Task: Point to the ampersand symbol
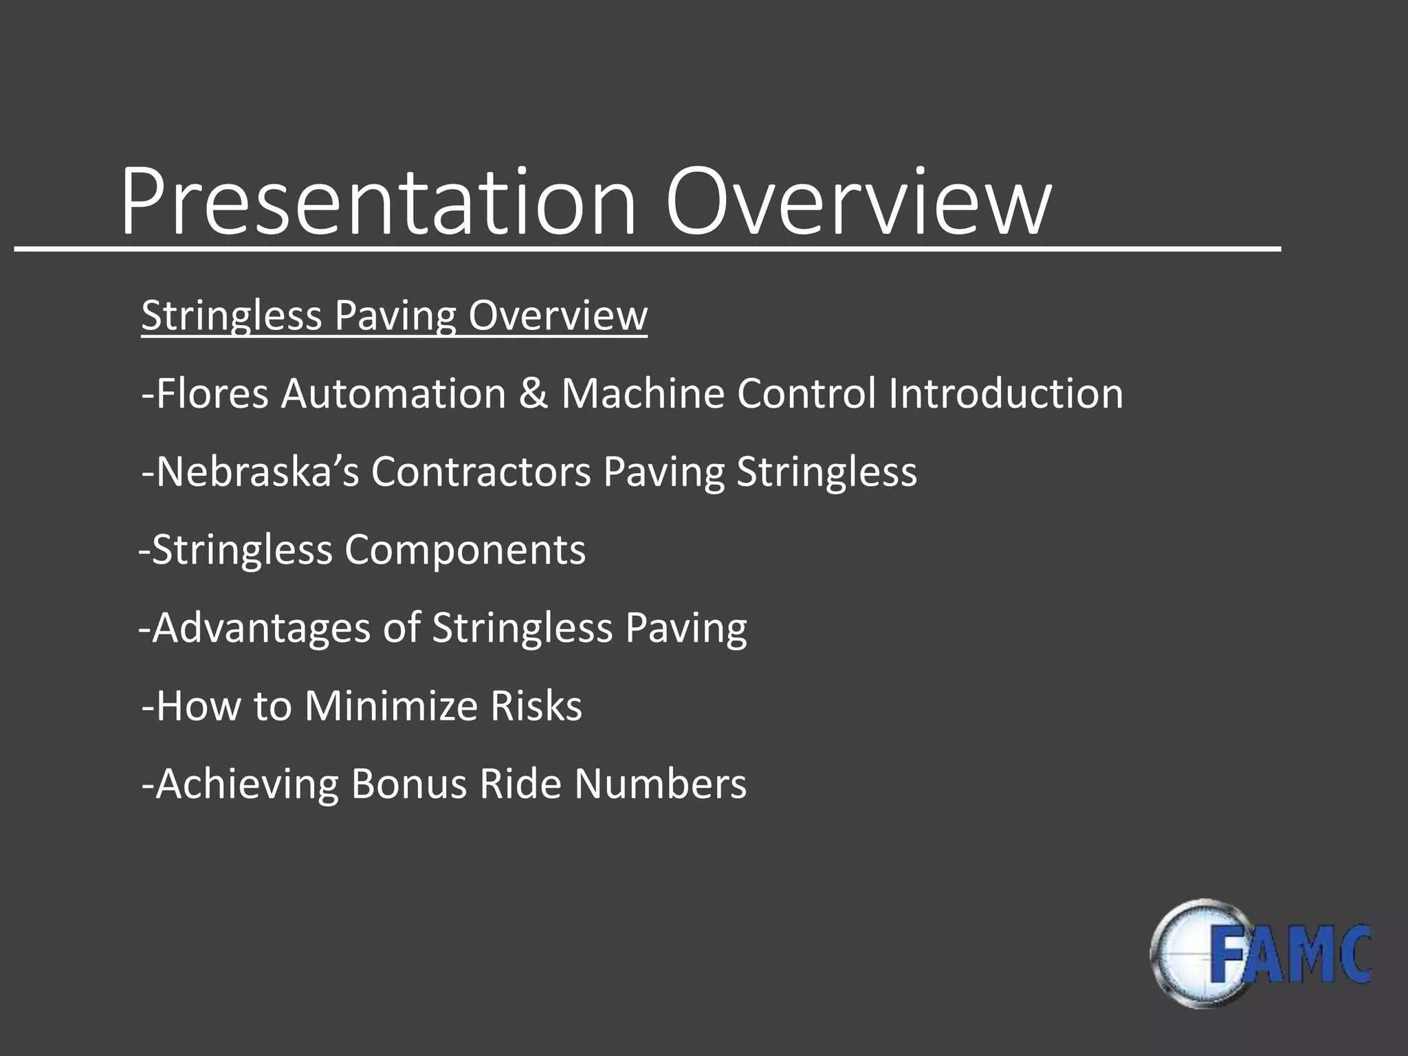[533, 394]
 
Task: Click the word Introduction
[1005, 394]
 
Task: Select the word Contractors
[481, 472]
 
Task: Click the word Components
[465, 550]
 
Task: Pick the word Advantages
[261, 628]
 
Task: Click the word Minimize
[390, 706]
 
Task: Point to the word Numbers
[660, 784]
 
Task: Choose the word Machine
[642, 394]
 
